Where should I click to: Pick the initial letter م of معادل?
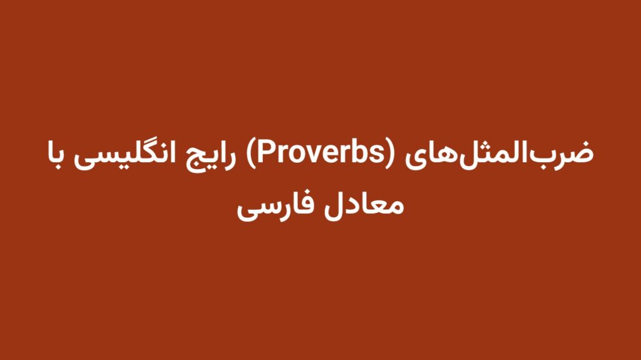point(397,205)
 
